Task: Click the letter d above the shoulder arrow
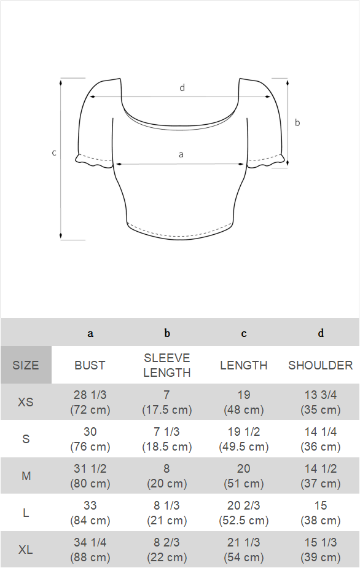tap(182, 88)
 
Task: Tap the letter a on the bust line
tap(181, 155)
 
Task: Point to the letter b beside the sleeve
tap(297, 123)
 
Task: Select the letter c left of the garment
tap(54, 153)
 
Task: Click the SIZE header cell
tap(26, 365)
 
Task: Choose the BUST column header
tap(90, 365)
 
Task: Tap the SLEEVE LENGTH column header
tap(167, 365)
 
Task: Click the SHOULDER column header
tap(321, 365)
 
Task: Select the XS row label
tap(26, 402)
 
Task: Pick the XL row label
tap(26, 550)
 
